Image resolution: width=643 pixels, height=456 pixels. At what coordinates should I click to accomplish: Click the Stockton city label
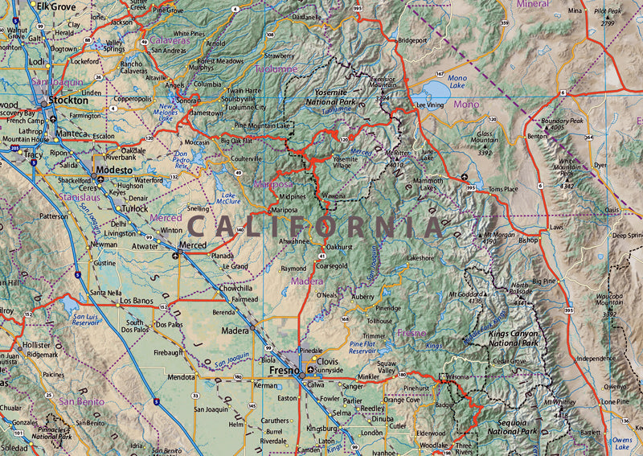(68, 101)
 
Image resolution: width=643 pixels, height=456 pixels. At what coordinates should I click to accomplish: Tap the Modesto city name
(113, 170)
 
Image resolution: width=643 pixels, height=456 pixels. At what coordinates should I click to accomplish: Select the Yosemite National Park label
(334, 97)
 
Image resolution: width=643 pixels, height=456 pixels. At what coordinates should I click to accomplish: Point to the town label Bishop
(528, 240)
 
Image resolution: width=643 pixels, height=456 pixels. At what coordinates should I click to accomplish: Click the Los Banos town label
(137, 301)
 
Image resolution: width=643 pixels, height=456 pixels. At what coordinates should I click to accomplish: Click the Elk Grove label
(55, 6)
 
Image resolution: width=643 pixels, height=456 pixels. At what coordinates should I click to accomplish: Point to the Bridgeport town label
(412, 39)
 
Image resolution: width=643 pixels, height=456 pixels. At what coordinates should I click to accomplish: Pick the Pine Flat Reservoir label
(363, 347)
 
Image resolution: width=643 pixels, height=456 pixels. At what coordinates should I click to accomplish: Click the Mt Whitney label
(559, 401)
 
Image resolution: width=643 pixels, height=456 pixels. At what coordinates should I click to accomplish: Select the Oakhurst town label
(340, 247)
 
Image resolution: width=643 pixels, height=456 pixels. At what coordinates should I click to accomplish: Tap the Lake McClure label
(229, 199)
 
